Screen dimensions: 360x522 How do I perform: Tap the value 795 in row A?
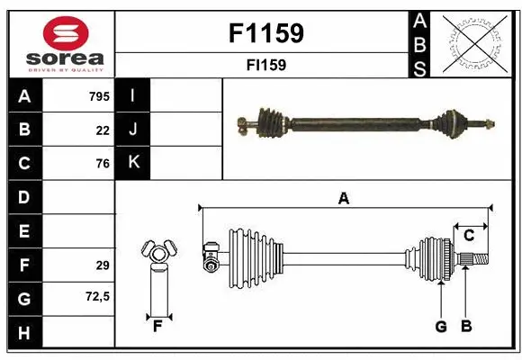pos(99,95)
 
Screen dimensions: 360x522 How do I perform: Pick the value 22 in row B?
pos(103,130)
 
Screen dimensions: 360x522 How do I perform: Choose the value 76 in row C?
pos(103,164)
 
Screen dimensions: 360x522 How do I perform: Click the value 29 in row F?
pos(103,265)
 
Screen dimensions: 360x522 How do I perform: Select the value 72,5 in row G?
pos(97,295)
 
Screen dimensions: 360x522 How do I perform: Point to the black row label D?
pos(24,197)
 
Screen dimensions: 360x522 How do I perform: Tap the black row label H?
pos(24,333)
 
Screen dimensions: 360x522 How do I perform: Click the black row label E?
pos(24,231)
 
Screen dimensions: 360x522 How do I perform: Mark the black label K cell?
pos(133,163)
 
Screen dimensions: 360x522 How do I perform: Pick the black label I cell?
pos(133,95)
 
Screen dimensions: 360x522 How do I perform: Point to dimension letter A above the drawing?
pos(343,198)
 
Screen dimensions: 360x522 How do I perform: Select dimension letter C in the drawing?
pos(469,236)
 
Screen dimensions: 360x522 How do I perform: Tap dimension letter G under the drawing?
pos(441,326)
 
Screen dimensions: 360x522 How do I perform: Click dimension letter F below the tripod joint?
pos(157,326)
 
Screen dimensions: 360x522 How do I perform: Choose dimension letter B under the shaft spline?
pos(465,326)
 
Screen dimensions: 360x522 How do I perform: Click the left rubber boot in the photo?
pos(271,120)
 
